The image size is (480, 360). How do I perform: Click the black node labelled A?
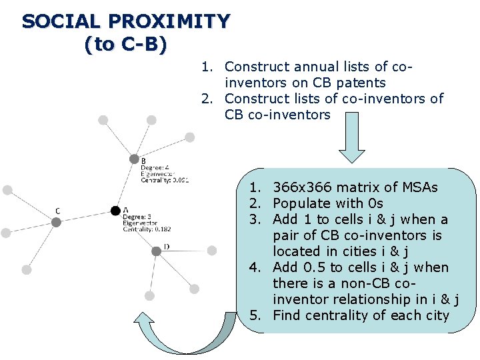click(115, 211)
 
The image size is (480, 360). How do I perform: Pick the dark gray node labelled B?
click(133, 160)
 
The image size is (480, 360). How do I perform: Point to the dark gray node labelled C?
click(57, 222)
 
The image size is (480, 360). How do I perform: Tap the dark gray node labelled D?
click(156, 251)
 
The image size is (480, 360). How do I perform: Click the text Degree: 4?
click(155, 167)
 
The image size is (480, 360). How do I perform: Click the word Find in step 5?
click(287, 315)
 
